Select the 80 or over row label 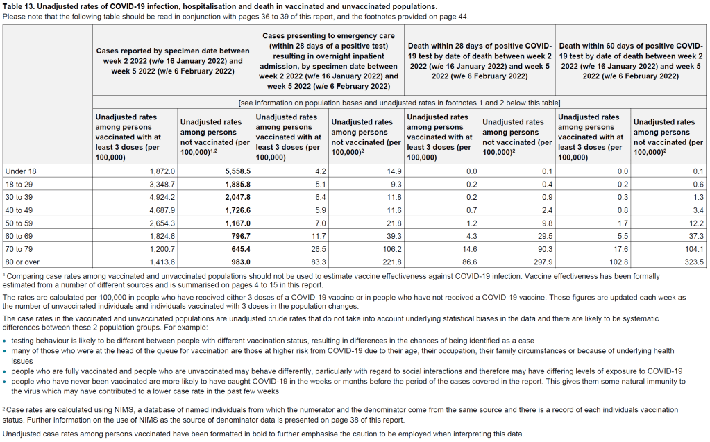[x=23, y=262]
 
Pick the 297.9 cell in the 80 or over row [x=541, y=262]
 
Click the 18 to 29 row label [x=21, y=185]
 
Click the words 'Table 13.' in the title [x=20, y=6]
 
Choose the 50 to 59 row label [x=21, y=223]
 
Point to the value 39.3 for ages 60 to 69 [x=391, y=237]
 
